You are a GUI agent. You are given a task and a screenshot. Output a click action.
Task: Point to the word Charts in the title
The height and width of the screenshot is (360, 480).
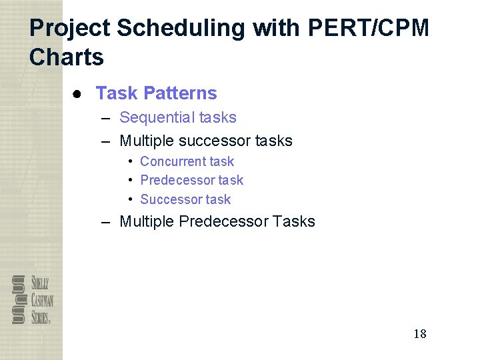click(67, 57)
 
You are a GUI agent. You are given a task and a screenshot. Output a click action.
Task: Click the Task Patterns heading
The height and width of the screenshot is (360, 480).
click(156, 93)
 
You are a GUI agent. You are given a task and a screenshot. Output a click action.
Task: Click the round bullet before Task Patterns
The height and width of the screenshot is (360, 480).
click(78, 94)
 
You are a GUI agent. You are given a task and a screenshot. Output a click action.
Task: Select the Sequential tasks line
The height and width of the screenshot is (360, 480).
click(177, 117)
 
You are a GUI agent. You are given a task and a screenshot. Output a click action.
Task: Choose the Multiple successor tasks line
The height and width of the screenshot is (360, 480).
click(205, 141)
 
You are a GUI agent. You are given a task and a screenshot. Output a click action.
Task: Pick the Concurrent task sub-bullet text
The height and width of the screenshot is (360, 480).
click(187, 161)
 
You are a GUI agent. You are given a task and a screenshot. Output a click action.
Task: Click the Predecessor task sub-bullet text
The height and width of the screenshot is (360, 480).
click(191, 180)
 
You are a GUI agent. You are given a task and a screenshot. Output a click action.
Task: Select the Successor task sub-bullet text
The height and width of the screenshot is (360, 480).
click(185, 199)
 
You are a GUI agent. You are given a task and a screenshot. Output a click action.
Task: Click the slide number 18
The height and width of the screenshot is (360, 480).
click(419, 334)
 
